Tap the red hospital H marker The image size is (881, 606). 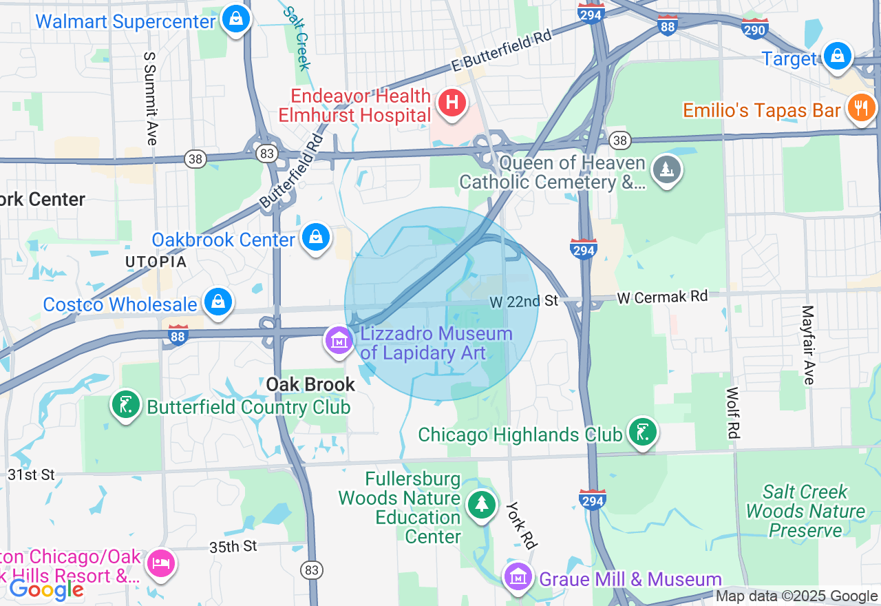click(452, 103)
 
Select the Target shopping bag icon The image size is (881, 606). click(838, 56)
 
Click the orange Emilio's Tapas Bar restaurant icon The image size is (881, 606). click(860, 108)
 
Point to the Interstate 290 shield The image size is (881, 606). click(755, 28)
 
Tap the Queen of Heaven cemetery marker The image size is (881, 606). click(666, 169)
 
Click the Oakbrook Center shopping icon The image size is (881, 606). click(316, 238)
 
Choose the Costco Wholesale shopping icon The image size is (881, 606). click(218, 302)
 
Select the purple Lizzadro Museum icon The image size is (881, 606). click(339, 340)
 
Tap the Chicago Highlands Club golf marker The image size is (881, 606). click(643, 432)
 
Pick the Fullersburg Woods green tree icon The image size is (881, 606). click(482, 505)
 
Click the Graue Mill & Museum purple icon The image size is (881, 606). click(518, 576)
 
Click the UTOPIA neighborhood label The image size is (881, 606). click(156, 262)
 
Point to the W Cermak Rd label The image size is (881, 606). click(662, 297)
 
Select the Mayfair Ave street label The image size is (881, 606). click(807, 345)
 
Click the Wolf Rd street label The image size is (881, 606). click(732, 412)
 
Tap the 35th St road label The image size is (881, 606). click(233, 547)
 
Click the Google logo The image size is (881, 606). click(46, 589)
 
